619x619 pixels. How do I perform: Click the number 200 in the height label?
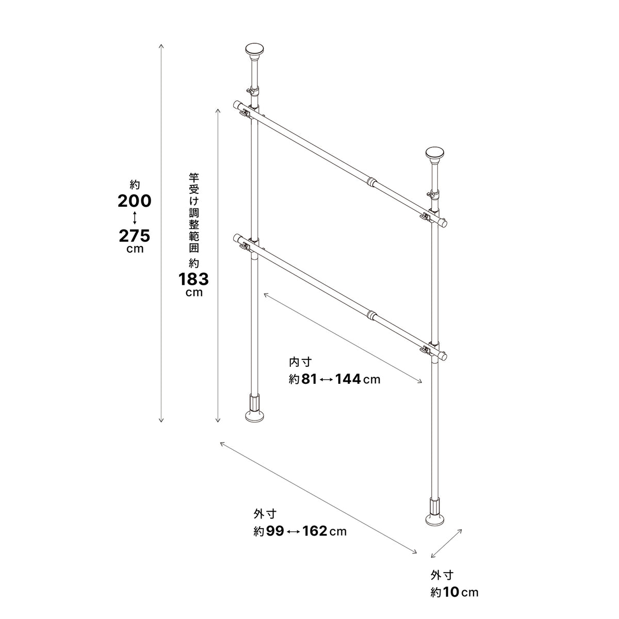[x=134, y=201]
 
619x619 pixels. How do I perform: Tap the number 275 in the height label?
[x=134, y=236]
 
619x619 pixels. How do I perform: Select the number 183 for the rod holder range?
[x=194, y=280]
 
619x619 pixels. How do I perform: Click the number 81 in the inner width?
[x=309, y=379]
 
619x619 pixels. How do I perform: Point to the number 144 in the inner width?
[x=348, y=379]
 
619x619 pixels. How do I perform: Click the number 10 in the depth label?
[x=452, y=593]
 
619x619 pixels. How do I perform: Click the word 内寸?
[x=300, y=362]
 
